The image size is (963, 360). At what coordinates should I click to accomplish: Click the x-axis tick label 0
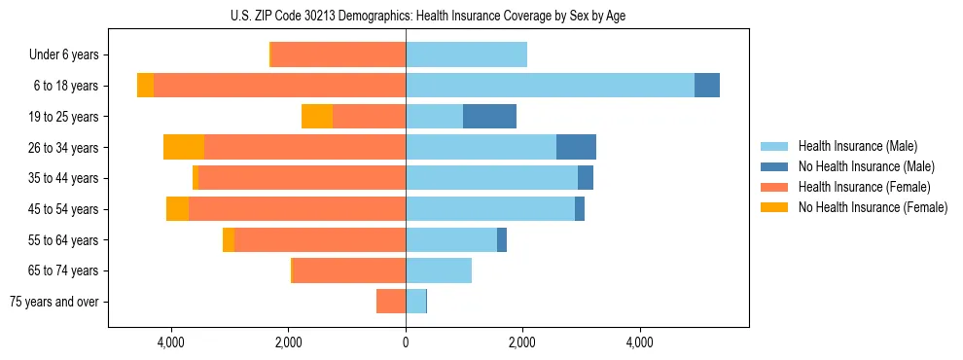(406, 342)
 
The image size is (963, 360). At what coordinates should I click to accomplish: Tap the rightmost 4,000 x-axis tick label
(639, 342)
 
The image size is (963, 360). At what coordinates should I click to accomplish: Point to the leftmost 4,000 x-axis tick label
(171, 342)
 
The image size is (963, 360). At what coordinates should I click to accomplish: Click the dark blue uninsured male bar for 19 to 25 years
(489, 117)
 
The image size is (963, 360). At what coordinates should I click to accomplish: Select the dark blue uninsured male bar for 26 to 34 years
(576, 147)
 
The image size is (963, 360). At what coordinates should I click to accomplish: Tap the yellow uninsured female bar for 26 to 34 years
(184, 147)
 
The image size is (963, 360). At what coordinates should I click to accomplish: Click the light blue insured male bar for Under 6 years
(466, 54)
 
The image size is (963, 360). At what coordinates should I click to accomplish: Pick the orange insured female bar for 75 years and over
(391, 302)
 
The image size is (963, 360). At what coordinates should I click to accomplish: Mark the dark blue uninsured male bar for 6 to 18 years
(707, 86)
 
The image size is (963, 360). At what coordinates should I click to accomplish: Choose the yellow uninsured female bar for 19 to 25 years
(317, 117)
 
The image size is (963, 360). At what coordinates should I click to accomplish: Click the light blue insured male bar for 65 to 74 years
(439, 270)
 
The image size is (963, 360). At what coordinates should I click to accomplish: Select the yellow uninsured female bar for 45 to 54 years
(177, 209)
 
